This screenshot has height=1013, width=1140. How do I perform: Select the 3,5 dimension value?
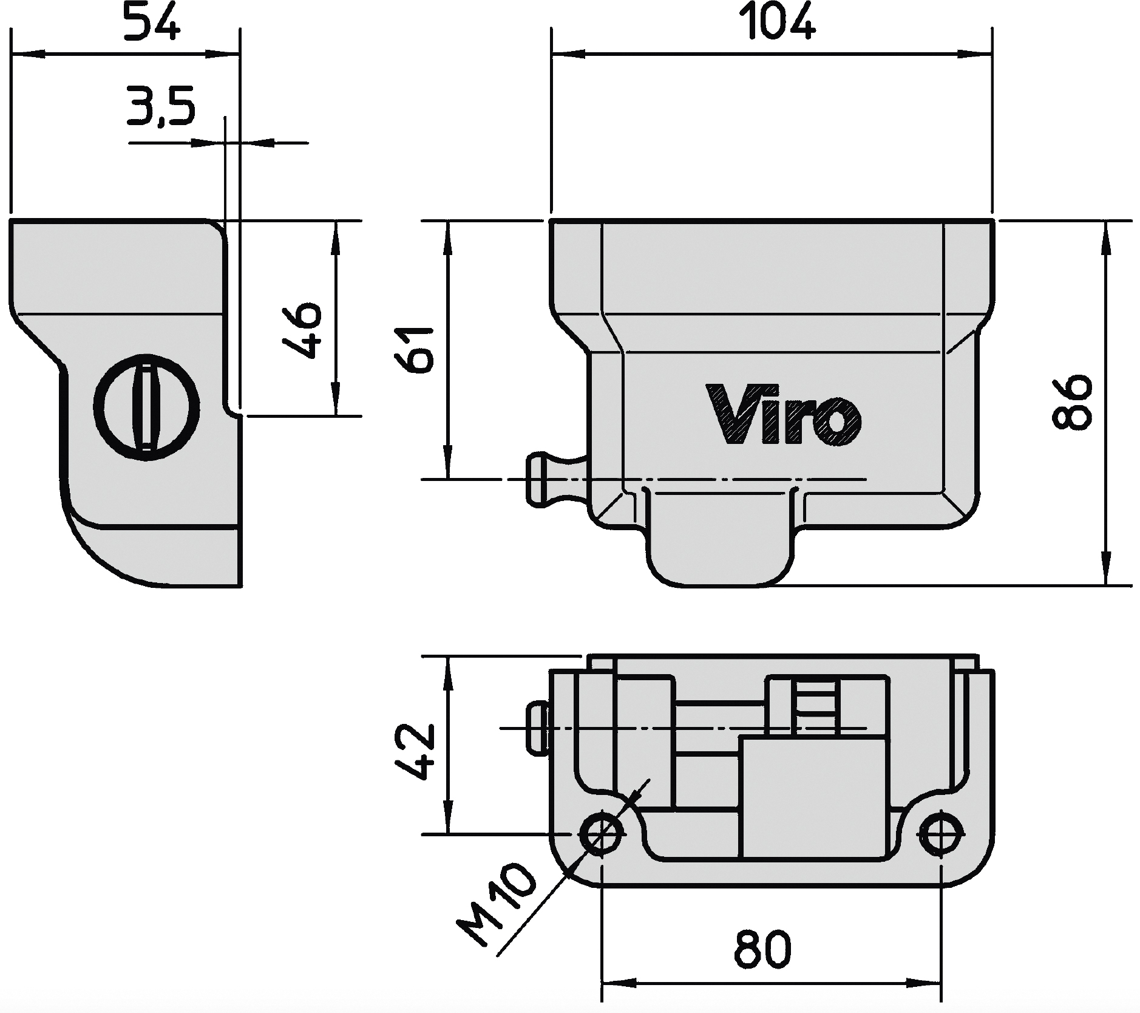[x=161, y=106]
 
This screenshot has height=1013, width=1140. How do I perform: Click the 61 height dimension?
[x=414, y=350]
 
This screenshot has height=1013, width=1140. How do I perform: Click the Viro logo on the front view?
[x=784, y=415]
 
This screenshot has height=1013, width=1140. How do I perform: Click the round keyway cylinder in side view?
[x=146, y=406]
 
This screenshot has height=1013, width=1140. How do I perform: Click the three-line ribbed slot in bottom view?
[x=816, y=708]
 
